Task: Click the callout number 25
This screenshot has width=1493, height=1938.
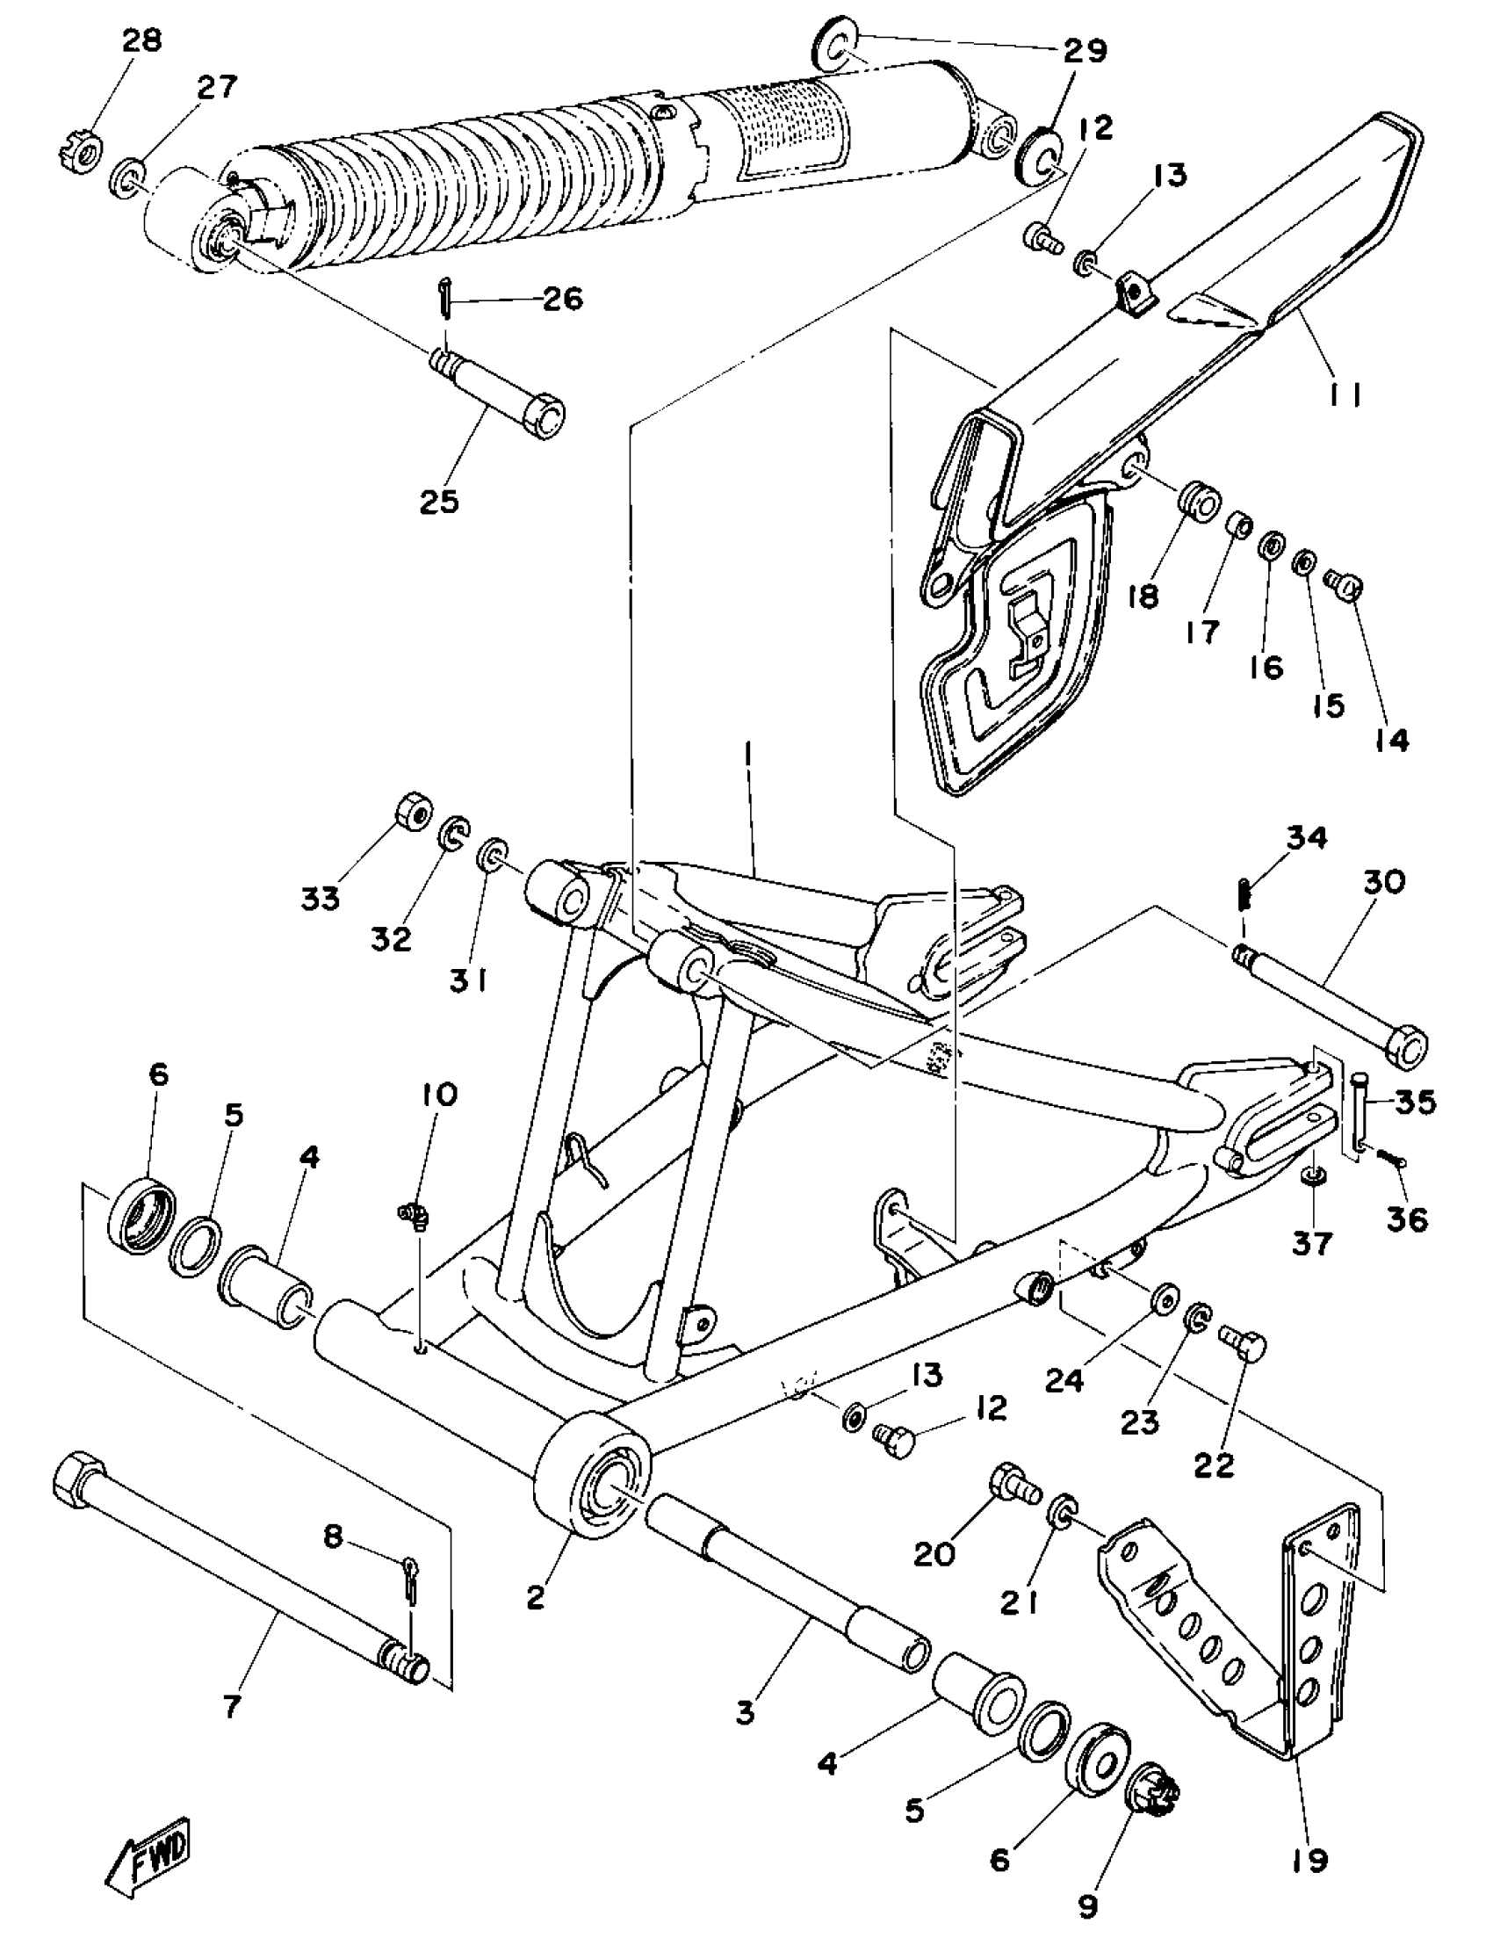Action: pyautogui.click(x=439, y=503)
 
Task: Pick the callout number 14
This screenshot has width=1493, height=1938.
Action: pyautogui.click(x=1392, y=739)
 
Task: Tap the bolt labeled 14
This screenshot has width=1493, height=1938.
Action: pyautogui.click(x=1345, y=586)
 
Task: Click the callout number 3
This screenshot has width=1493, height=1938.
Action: pyautogui.click(x=745, y=1711)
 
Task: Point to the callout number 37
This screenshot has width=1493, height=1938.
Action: pyautogui.click(x=1312, y=1242)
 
